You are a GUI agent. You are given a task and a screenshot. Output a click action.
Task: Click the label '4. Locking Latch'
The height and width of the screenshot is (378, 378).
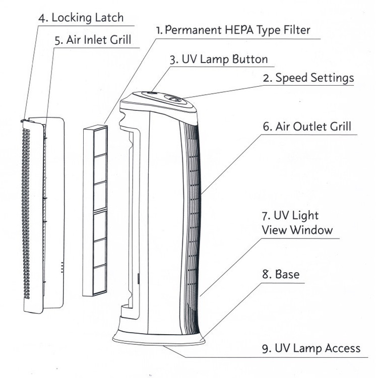[x=81, y=18]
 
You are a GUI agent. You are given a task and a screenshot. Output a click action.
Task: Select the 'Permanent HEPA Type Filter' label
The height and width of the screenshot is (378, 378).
[x=233, y=30]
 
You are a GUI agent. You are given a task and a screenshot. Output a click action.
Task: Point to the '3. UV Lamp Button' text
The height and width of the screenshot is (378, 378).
[x=218, y=59]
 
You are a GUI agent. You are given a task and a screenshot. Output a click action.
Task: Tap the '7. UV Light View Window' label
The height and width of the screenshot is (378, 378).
[x=297, y=223]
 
